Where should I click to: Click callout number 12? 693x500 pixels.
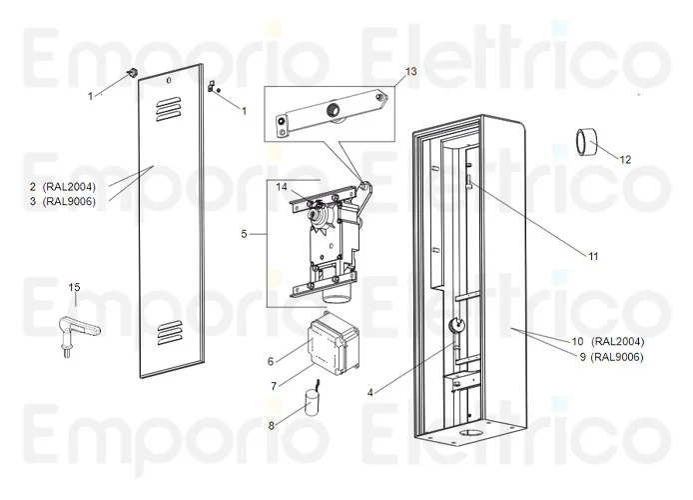626,159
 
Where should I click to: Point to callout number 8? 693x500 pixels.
271,425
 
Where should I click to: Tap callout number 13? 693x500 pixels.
410,72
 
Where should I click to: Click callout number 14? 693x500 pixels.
282,186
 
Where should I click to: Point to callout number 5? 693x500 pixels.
244,234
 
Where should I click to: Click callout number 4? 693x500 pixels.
370,391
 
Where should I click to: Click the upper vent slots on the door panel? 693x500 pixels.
171,104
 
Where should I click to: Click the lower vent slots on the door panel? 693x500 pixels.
171,331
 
